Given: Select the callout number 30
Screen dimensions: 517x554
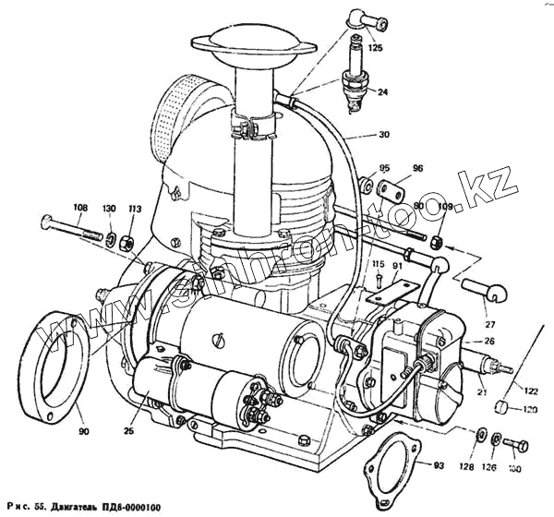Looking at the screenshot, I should pyautogui.click(x=384, y=134).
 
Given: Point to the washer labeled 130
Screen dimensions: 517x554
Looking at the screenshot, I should pyautogui.click(x=111, y=239).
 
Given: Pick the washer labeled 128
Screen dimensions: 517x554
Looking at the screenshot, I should pyautogui.click(x=482, y=432).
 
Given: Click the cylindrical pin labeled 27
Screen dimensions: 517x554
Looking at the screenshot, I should pyautogui.click(x=480, y=289).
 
